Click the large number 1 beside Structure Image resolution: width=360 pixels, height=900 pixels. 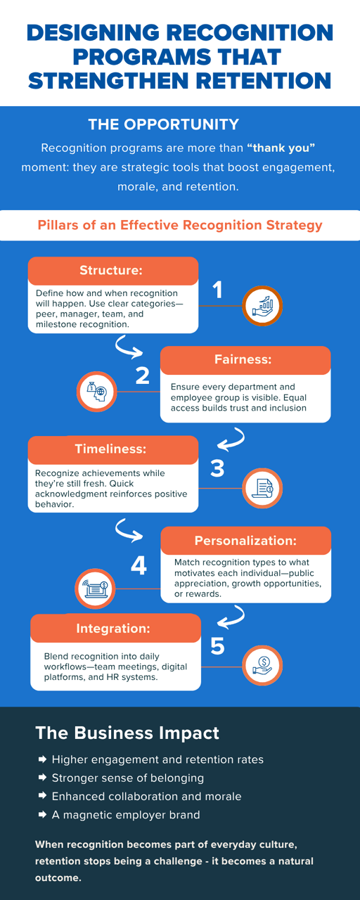click(x=217, y=290)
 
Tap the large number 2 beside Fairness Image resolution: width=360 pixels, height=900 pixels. click(x=142, y=375)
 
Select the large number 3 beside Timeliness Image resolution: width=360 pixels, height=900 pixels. click(x=217, y=468)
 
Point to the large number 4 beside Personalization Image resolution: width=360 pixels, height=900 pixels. click(x=139, y=566)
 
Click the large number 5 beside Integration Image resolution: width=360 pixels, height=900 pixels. click(x=217, y=646)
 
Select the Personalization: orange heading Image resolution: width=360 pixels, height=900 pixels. click(x=246, y=541)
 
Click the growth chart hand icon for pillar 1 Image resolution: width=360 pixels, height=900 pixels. click(x=262, y=306)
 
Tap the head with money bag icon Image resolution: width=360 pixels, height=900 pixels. click(x=97, y=392)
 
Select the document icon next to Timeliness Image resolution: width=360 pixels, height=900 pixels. click(x=262, y=488)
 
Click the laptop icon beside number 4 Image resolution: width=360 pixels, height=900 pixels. click(x=95, y=589)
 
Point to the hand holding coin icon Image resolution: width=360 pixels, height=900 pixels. click(x=262, y=666)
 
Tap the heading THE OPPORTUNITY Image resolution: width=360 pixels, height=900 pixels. click(x=164, y=124)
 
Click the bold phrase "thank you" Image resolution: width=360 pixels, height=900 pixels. click(x=281, y=148)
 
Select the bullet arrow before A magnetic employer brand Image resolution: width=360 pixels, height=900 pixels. click(x=42, y=814)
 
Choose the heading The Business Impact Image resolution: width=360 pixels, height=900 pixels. click(x=127, y=733)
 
